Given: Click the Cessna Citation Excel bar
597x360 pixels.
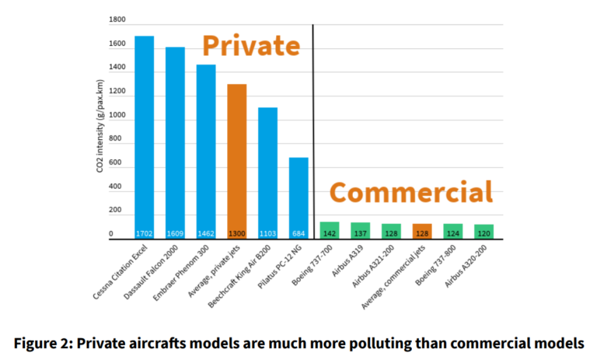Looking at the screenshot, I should pos(144,137).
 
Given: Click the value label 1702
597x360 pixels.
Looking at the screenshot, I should pos(144,233).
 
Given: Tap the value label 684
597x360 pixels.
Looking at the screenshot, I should pos(298,233).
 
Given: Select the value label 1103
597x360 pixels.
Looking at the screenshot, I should pos(267,233).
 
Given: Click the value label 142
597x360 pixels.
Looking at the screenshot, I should pos(330,233).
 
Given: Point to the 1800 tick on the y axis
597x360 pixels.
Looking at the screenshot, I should pos(116,19).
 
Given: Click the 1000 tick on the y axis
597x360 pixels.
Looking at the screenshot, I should pos(116,115).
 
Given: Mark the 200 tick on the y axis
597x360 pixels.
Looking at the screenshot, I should pos(116,210).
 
